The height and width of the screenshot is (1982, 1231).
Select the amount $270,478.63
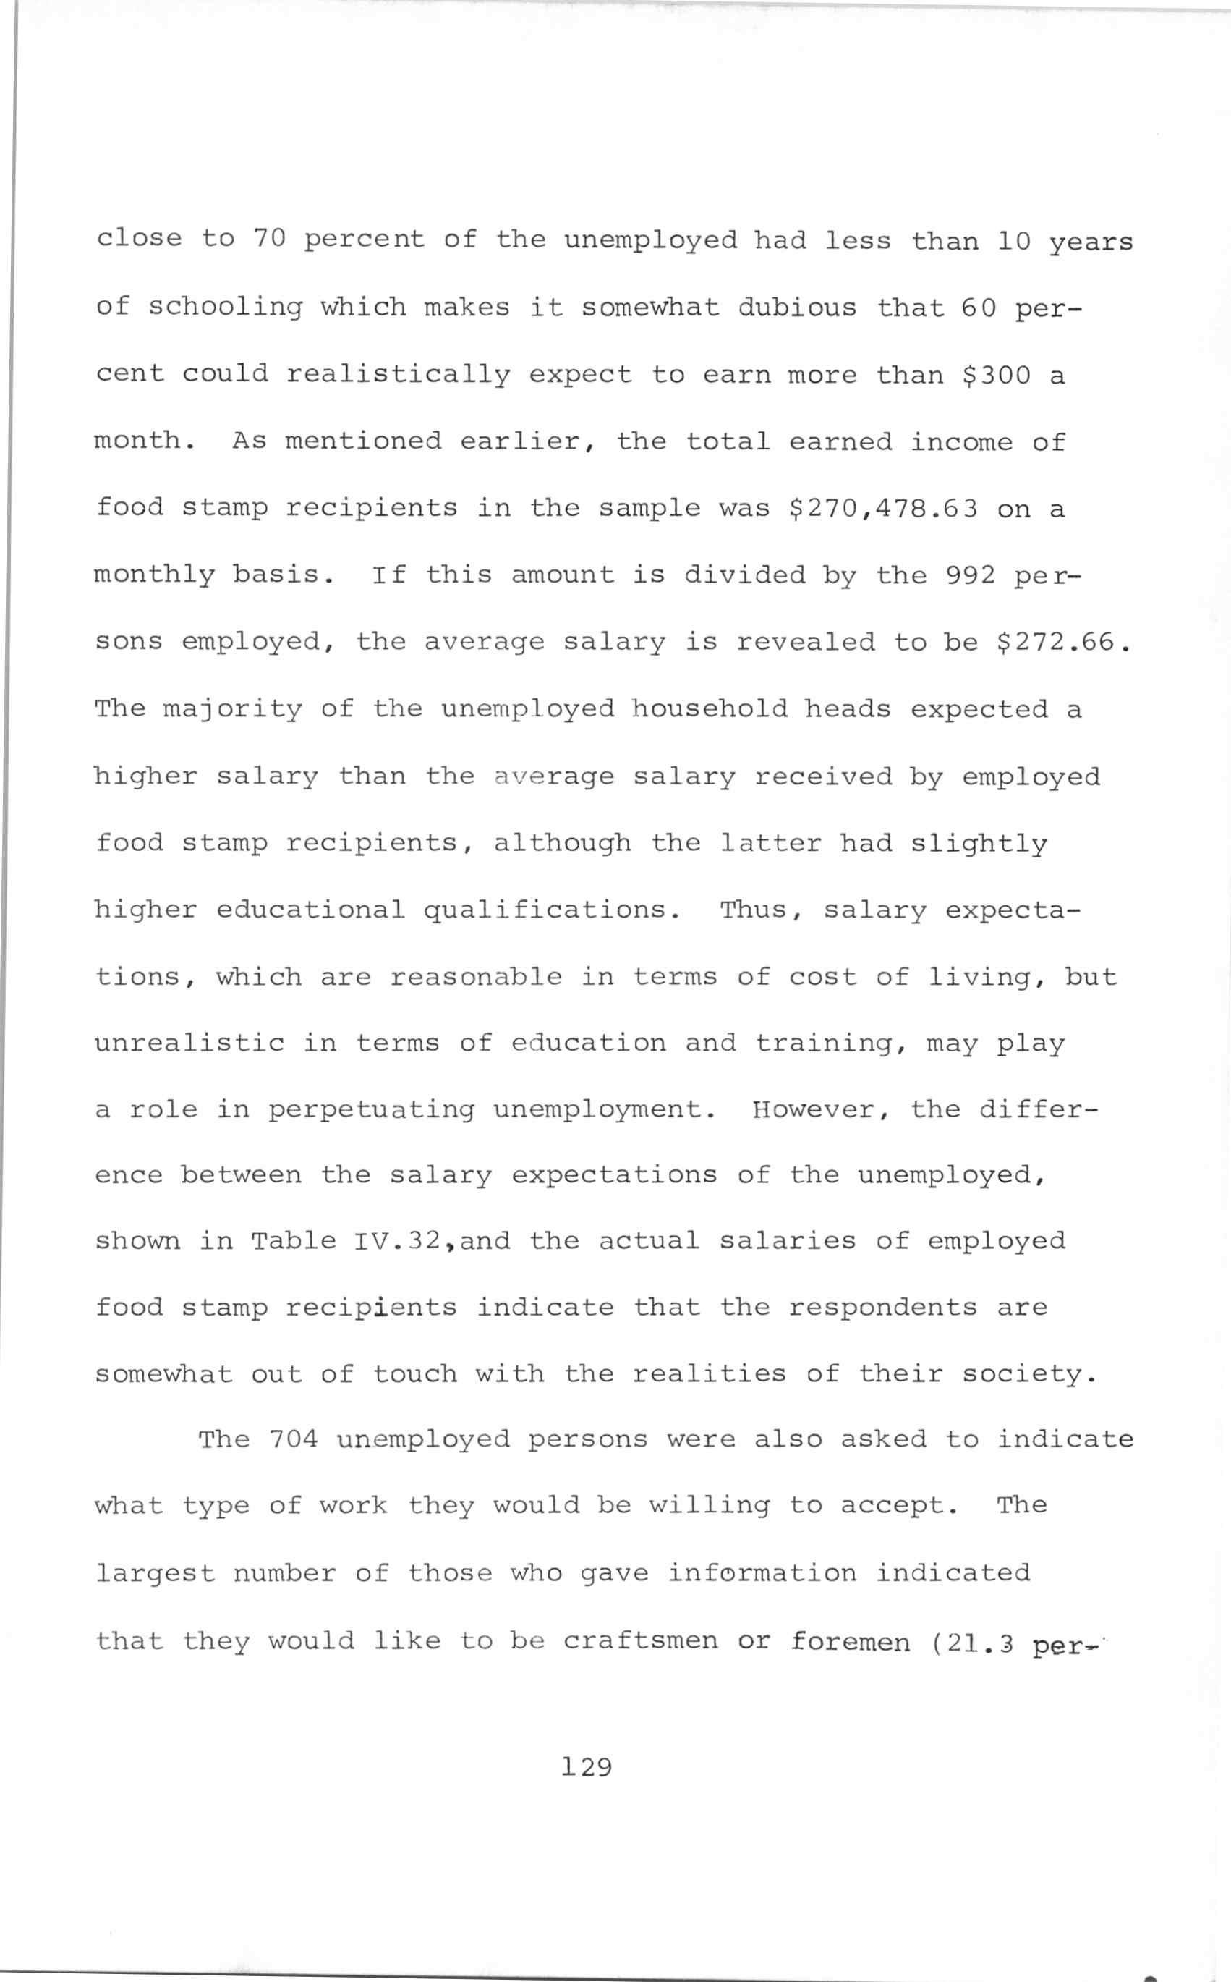(883, 508)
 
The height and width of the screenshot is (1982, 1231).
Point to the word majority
(232, 710)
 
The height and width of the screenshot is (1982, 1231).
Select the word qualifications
(553, 910)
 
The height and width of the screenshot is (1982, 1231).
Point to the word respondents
(882, 1308)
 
